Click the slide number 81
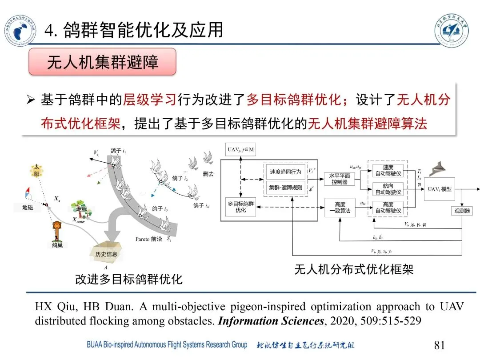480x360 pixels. tap(439, 345)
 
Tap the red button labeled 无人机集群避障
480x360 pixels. tap(102, 62)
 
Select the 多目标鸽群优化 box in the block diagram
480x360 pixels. tap(240, 207)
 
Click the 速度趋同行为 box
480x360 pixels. tap(285, 172)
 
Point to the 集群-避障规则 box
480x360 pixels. tap(285, 188)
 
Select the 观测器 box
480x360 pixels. tap(462, 211)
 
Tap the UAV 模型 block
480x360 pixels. tap(440, 189)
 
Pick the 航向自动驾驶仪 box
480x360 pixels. tap(388, 189)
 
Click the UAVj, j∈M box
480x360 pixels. tap(241, 150)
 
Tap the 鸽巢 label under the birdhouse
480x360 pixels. tap(57, 245)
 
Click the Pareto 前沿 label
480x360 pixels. tap(148, 239)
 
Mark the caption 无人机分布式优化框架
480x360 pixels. tap(354, 270)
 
